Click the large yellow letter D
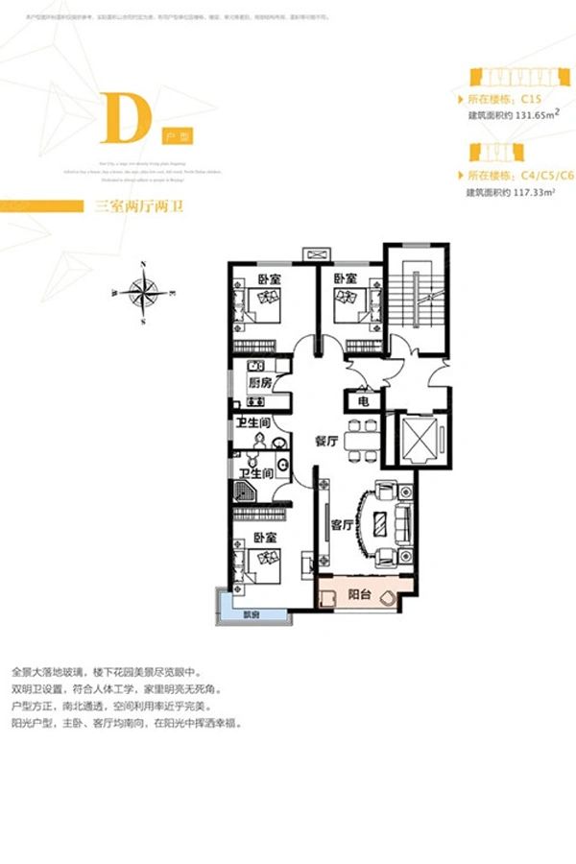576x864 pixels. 126,118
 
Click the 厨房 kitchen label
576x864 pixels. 259,382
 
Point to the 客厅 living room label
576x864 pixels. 343,524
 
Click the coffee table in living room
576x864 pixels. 381,524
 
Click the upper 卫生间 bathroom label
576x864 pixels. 252,424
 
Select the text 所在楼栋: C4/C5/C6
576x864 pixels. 518,175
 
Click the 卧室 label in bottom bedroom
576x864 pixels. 266,539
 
